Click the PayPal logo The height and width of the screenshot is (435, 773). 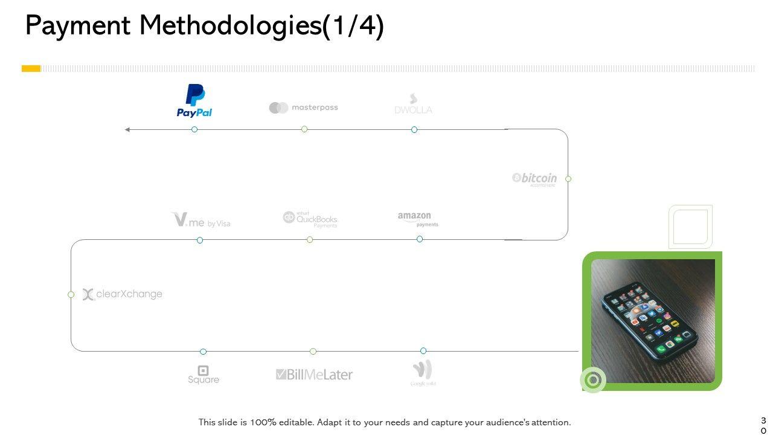[x=194, y=101]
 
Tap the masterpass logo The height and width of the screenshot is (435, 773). [x=303, y=108]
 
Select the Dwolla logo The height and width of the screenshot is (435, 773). [x=413, y=105]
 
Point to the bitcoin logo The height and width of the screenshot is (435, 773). [x=534, y=178]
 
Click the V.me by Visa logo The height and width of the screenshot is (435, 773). [x=200, y=220]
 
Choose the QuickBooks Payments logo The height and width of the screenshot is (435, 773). [x=310, y=219]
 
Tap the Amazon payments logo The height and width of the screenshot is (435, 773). [x=418, y=219]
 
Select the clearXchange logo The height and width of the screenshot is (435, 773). [x=123, y=294]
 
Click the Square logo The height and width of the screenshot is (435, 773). [x=204, y=375]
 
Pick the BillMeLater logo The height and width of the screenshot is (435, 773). [x=314, y=375]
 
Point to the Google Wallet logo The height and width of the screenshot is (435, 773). [x=423, y=373]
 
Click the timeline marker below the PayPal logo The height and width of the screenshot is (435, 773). [x=194, y=129]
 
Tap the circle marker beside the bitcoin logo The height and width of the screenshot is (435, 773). [x=568, y=179]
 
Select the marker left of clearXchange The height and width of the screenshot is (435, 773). [x=71, y=294]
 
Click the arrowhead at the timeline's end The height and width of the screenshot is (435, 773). [x=127, y=129]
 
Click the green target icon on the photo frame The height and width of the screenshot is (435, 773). [x=593, y=380]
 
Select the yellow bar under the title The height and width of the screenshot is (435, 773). [x=31, y=69]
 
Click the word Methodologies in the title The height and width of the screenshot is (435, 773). [x=230, y=27]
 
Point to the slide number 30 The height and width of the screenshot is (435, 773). [x=763, y=425]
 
